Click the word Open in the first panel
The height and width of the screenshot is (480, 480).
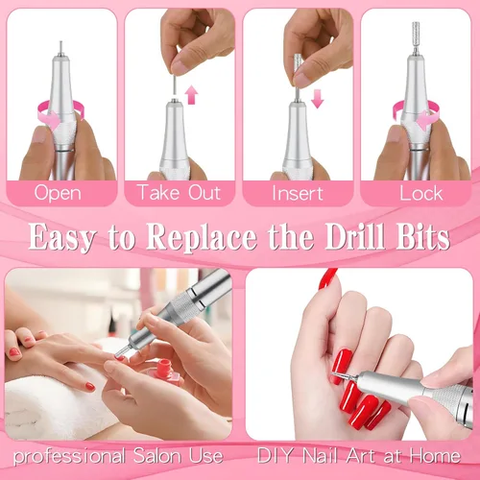point(58,193)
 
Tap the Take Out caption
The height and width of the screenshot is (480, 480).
point(179,192)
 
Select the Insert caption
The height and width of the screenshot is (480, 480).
point(298,193)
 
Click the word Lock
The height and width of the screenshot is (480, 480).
point(421,193)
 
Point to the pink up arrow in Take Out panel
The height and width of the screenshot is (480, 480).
point(191,94)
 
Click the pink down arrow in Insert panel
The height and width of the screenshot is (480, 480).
point(317,99)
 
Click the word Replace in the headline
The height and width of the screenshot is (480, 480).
point(202,237)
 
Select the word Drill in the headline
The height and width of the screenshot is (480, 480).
point(355,236)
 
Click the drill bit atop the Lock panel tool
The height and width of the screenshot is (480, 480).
point(416,38)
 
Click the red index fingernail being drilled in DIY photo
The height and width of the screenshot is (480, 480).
point(341,366)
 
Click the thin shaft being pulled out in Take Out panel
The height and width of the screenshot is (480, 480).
point(175,84)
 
